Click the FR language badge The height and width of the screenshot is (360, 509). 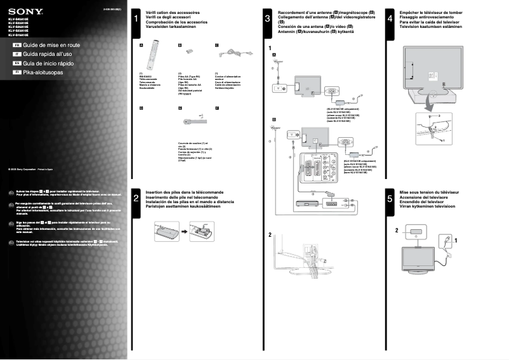click(17, 46)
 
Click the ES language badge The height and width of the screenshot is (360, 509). click(17, 64)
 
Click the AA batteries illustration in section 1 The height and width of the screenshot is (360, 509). click(188, 57)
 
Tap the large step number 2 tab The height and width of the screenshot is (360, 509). click(136, 199)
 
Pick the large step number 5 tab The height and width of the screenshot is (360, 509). click(389, 199)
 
